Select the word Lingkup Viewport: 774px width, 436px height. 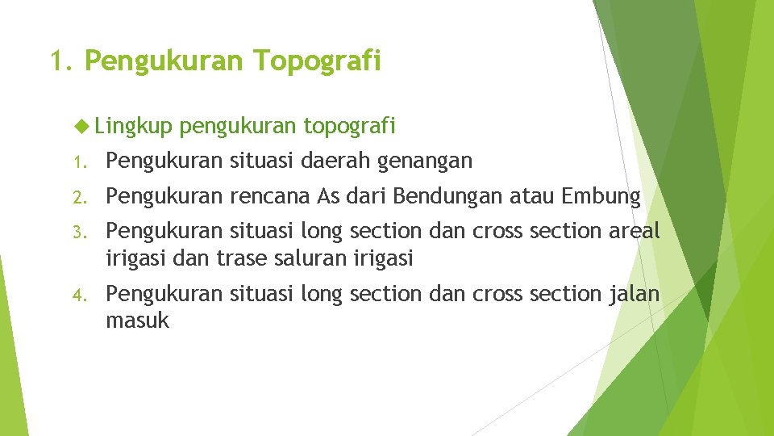coord(133,126)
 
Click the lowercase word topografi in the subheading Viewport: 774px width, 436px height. coord(349,126)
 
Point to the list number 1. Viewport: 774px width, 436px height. coord(78,162)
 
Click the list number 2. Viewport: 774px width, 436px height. coord(78,197)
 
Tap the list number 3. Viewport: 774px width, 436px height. coord(78,233)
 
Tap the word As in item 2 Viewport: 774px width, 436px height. coord(330,196)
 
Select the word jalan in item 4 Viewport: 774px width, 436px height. coord(635,294)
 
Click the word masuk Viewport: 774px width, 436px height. coord(137,321)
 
